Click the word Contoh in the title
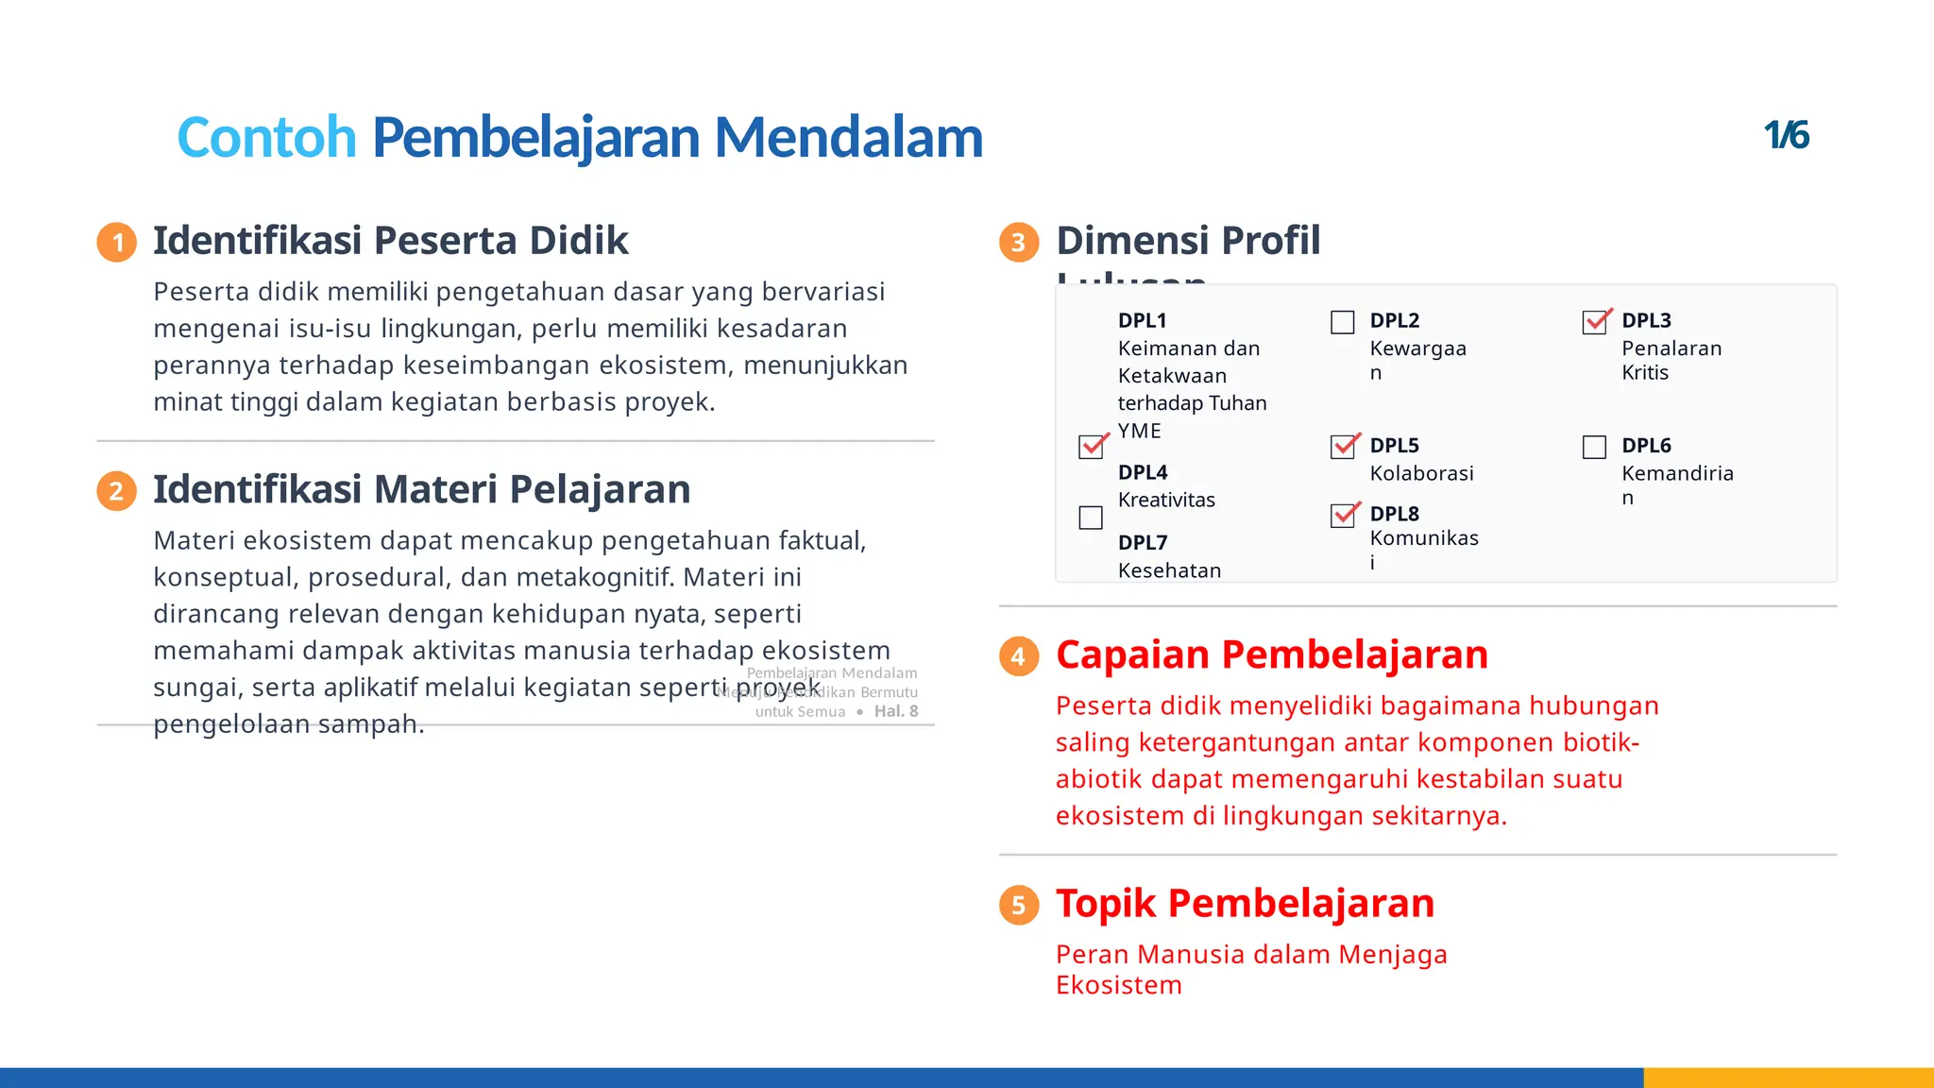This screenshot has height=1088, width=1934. [x=266, y=138]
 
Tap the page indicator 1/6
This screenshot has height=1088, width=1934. [x=1786, y=136]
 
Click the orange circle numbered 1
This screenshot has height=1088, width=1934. [x=117, y=243]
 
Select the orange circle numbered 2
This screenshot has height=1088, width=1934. [x=117, y=491]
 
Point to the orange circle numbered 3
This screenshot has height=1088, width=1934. [x=1019, y=243]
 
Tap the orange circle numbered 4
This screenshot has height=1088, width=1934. [x=1019, y=656]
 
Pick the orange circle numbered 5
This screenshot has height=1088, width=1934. [x=1019, y=905]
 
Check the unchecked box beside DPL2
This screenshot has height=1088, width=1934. [x=1342, y=322]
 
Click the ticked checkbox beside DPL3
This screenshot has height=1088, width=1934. [x=1595, y=322]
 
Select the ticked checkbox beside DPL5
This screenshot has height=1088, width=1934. [x=1343, y=447]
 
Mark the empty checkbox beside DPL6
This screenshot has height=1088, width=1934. [x=1594, y=447]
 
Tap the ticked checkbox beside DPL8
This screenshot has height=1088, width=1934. [x=1343, y=515]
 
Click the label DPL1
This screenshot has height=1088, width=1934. [x=1142, y=321]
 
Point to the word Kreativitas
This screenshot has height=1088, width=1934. [x=1166, y=501]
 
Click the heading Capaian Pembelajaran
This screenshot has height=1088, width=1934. [x=1271, y=654]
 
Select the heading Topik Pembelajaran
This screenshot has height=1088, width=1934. [x=1245, y=904]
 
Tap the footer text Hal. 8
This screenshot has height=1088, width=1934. [x=895, y=711]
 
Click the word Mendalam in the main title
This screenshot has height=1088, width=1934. [x=848, y=138]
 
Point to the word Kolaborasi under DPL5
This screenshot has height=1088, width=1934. [x=1421, y=474]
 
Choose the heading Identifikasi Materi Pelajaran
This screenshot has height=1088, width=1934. [x=421, y=490]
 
